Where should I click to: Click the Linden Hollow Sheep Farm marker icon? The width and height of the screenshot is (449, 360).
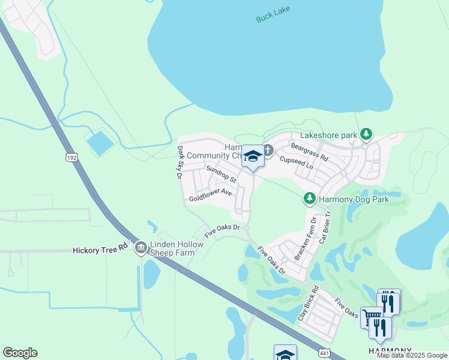pos(141,247)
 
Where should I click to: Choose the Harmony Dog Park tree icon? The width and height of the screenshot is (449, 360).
pos(309,199)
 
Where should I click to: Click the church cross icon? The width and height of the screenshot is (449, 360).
pos(268,149)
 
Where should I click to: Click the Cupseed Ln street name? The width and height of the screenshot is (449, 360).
pos(297,162)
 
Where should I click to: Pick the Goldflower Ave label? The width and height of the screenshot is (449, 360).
pos(210,194)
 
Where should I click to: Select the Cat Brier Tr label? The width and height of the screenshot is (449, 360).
pos(325,230)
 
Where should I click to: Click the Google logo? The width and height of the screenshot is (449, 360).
pos(20,353)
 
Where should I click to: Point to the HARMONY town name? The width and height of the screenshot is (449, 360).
pos(390,350)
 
